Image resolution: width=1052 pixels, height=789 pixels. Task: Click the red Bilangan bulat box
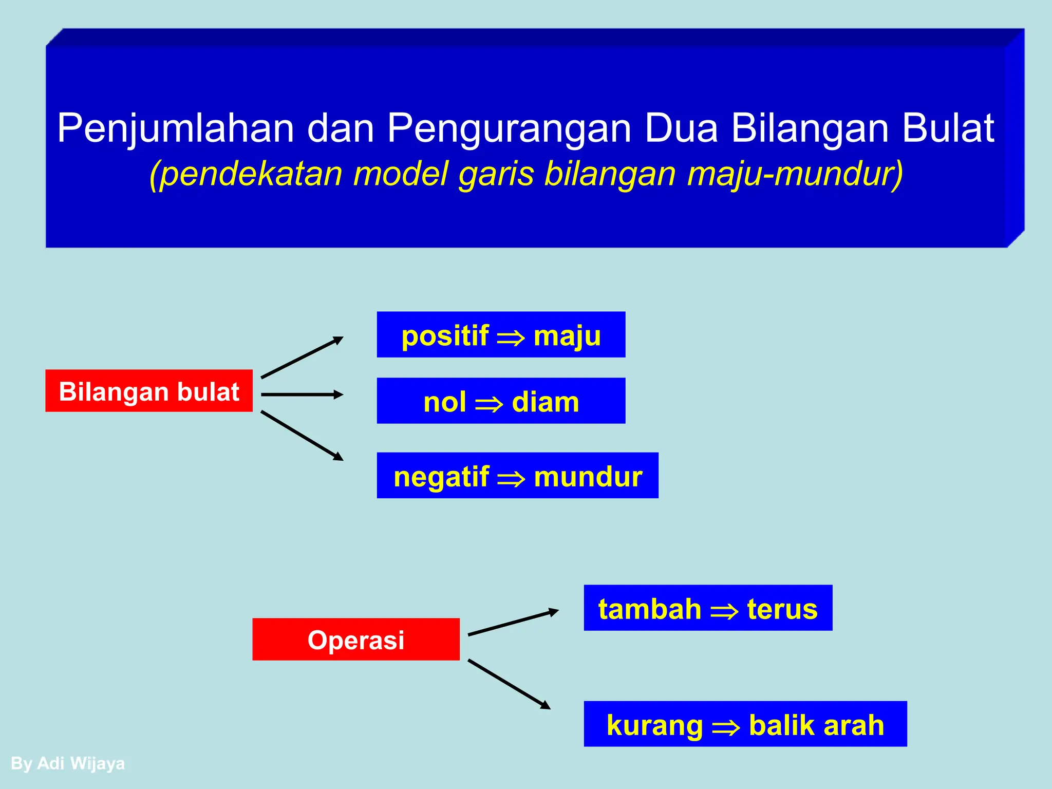tap(149, 391)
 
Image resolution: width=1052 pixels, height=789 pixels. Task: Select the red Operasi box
tap(355, 640)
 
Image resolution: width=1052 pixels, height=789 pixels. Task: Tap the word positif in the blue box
tap(445, 336)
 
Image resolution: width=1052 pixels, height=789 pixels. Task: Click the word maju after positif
tap(567, 336)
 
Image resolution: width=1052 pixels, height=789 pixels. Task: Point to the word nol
tap(445, 402)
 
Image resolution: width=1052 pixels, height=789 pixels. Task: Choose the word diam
tap(546, 402)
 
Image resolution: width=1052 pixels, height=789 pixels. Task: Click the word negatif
tap(441, 476)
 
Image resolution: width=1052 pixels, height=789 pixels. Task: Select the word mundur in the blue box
tap(588, 476)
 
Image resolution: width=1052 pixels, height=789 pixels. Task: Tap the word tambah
tap(650, 609)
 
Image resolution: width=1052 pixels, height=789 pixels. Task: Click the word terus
tap(782, 609)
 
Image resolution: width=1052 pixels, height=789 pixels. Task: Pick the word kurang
tap(654, 725)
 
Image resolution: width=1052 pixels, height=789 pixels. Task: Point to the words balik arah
tap(817, 725)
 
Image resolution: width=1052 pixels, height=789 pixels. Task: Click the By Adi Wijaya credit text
tap(68, 763)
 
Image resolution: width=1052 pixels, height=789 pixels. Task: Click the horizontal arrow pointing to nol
tap(302, 394)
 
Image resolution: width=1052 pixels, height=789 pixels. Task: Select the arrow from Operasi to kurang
tap(509, 684)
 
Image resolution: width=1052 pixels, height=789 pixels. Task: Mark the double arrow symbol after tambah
tap(724, 611)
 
